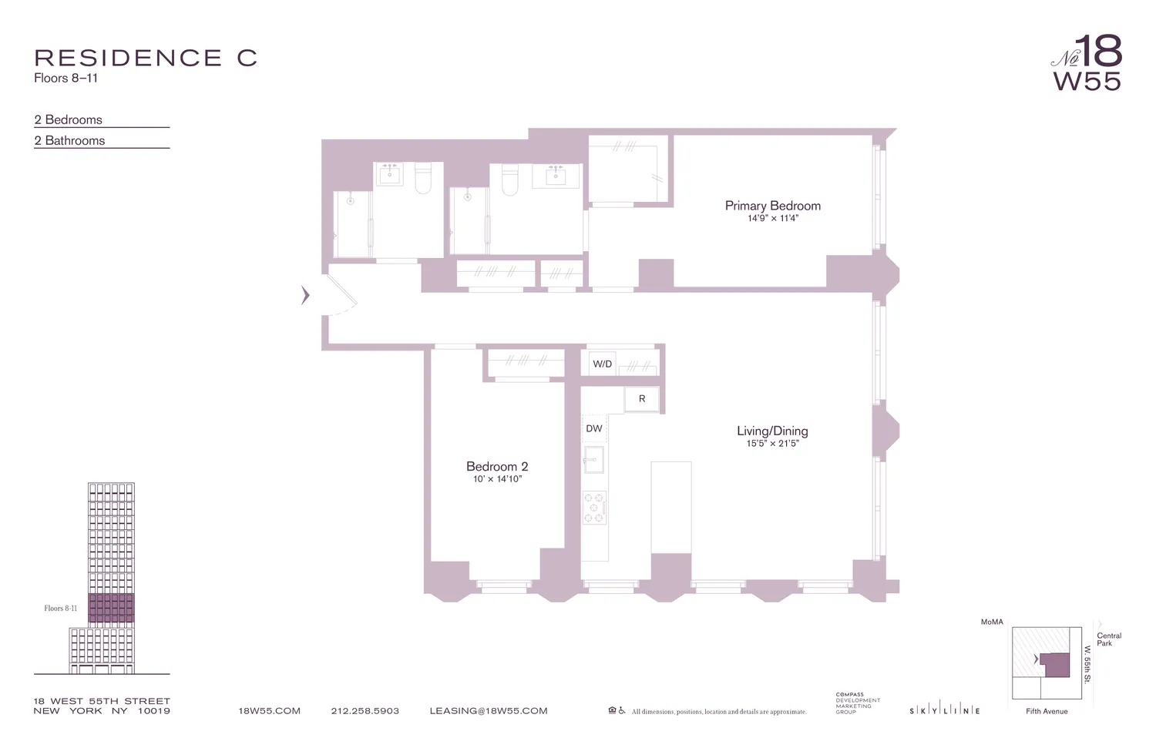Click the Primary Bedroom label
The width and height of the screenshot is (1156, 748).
click(x=772, y=206)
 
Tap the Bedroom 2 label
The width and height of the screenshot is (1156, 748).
click(x=497, y=466)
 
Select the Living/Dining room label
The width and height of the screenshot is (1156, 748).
click(x=772, y=431)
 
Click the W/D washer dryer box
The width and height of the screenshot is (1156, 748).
click(x=603, y=364)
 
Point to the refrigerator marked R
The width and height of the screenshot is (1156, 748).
click(x=642, y=399)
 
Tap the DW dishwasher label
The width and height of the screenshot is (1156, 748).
click(x=594, y=428)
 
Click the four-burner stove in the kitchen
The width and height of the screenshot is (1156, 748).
click(x=594, y=508)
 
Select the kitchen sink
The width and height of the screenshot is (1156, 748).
click(x=593, y=460)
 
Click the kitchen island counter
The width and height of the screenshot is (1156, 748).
click(x=670, y=506)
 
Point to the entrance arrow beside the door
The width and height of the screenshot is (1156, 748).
click(x=305, y=294)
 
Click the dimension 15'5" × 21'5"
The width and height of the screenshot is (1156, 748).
click(x=772, y=444)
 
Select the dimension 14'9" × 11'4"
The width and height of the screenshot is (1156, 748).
click(x=772, y=219)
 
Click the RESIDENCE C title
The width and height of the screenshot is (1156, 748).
click(x=146, y=59)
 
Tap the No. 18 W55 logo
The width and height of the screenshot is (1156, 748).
click(x=1087, y=63)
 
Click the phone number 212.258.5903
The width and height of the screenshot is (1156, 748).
click(x=365, y=711)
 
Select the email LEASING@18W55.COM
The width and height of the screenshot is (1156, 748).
click(x=488, y=711)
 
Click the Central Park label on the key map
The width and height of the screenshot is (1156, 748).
click(x=1109, y=639)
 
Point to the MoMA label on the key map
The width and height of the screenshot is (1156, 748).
click(x=991, y=622)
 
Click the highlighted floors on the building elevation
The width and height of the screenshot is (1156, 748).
click(x=111, y=608)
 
